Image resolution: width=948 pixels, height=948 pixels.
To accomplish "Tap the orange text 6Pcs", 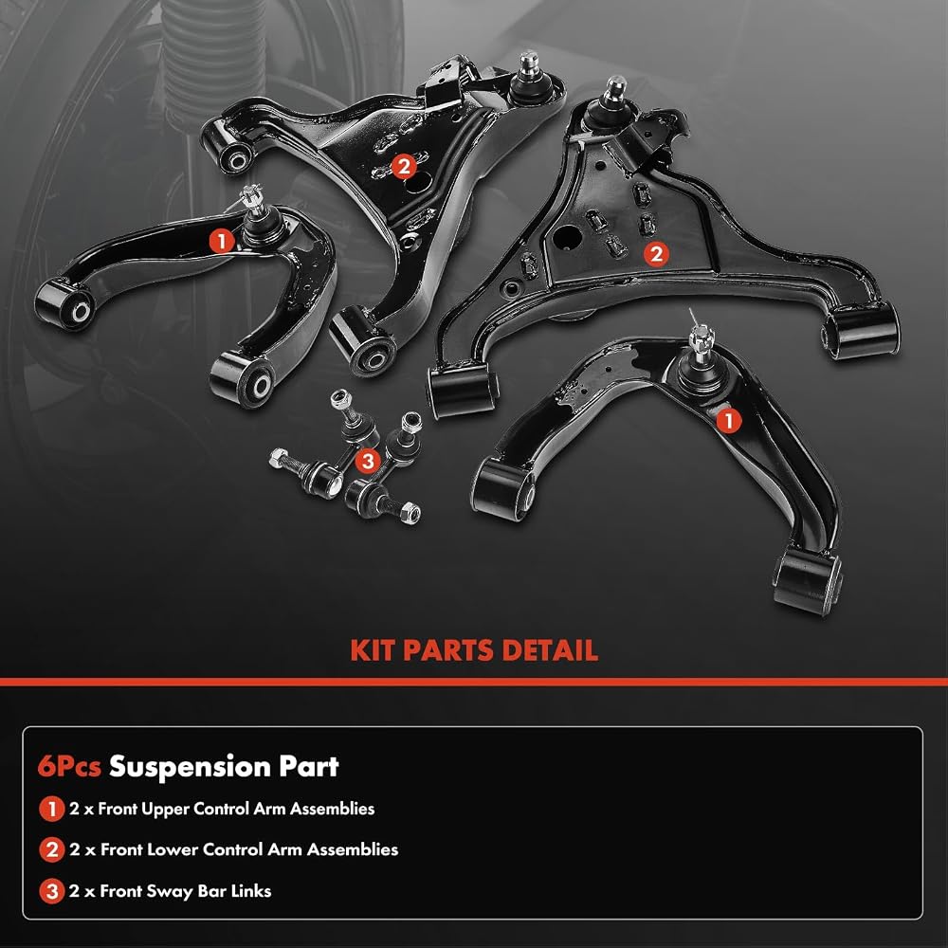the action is pyautogui.click(x=69, y=767).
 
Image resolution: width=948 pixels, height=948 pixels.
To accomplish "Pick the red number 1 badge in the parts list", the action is pyautogui.click(x=52, y=809).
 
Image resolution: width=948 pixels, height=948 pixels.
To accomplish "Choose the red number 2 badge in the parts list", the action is pyautogui.click(x=52, y=850).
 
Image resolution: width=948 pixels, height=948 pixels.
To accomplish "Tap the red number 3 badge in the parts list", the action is pyautogui.click(x=52, y=891).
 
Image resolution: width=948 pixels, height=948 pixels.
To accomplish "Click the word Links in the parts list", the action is pyautogui.click(x=251, y=890).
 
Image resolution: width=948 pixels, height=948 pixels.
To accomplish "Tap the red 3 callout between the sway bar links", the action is pyautogui.click(x=368, y=462).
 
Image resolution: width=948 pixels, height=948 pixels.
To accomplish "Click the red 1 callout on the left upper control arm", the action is pyautogui.click(x=222, y=241).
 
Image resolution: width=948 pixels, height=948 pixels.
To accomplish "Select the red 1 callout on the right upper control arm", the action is pyautogui.click(x=728, y=420).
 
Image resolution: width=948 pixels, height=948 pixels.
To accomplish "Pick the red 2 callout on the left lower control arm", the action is pyautogui.click(x=404, y=165).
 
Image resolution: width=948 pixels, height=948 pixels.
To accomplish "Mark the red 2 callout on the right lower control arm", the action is pyautogui.click(x=657, y=254).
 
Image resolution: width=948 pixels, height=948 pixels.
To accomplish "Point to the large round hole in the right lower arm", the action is pyautogui.click(x=567, y=237).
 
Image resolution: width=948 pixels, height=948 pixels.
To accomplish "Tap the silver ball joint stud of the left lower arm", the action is pyautogui.click(x=528, y=63).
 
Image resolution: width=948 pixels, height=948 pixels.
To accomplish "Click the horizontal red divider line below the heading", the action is pyautogui.click(x=474, y=682).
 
